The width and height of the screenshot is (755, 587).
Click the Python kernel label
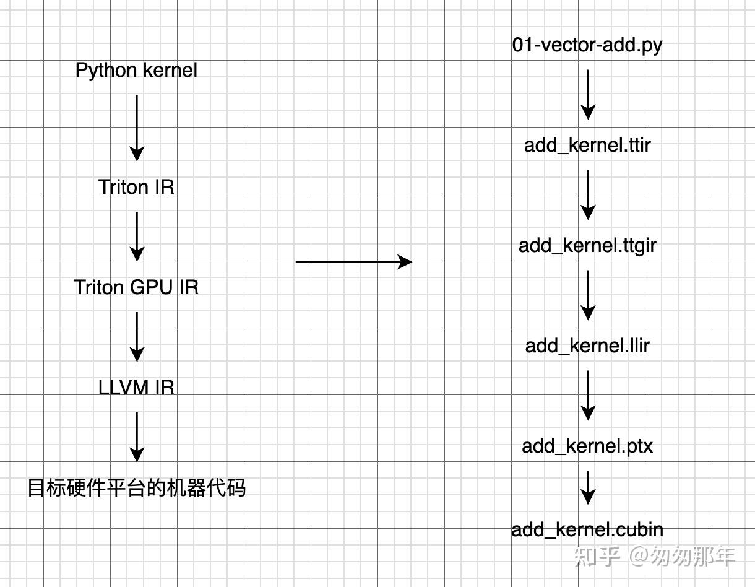click(x=136, y=70)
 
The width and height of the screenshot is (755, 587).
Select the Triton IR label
click(x=136, y=187)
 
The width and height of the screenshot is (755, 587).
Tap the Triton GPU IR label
click(x=136, y=287)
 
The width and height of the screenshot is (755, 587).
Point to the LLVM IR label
click(x=136, y=388)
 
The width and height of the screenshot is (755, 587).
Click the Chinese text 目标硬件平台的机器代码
click(x=136, y=488)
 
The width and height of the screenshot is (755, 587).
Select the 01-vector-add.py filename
click(x=587, y=45)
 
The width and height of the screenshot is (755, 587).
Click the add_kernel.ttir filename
click(x=587, y=146)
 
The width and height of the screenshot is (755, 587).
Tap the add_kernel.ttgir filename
click(x=587, y=246)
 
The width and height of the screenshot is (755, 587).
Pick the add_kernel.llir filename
click(x=587, y=346)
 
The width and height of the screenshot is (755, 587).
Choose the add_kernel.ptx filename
click(x=587, y=446)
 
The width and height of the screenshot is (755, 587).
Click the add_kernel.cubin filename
click(x=587, y=530)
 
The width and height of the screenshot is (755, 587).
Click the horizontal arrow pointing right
click(x=353, y=262)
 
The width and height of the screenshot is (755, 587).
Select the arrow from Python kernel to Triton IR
click(x=137, y=128)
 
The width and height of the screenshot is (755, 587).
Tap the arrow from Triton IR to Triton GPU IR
click(x=137, y=236)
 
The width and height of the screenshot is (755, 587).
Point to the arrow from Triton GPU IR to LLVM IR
click(x=137, y=336)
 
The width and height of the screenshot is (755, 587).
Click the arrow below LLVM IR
click(x=137, y=437)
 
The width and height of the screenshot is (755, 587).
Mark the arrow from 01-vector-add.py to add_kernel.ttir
click(x=588, y=94)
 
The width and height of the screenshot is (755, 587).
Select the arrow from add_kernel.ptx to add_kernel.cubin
click(x=588, y=488)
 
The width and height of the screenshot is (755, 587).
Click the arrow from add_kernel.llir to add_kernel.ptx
click(x=588, y=395)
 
